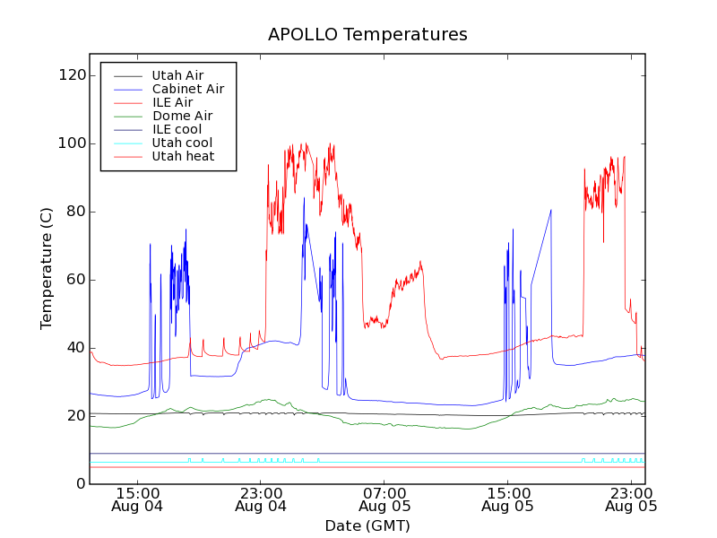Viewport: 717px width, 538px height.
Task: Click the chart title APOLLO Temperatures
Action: (x=367, y=35)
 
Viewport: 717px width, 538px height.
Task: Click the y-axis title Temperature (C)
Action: (x=47, y=268)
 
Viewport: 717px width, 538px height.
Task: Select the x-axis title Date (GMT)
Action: (x=367, y=525)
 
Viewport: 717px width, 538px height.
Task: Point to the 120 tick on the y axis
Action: (x=72, y=75)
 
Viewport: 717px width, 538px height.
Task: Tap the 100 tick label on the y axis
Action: (x=72, y=143)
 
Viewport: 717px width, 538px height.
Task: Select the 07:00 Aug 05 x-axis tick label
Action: (x=384, y=499)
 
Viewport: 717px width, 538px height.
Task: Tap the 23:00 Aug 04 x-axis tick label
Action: (x=261, y=499)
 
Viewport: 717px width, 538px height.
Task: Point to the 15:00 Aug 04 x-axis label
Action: (x=137, y=499)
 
